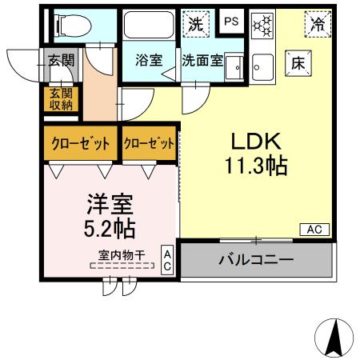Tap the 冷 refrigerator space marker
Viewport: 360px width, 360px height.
click(x=318, y=24)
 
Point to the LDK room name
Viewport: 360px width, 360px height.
click(x=256, y=142)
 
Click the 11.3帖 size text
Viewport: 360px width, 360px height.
click(x=256, y=167)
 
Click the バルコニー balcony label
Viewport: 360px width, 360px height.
click(x=255, y=260)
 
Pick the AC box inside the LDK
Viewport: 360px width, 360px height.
click(x=314, y=230)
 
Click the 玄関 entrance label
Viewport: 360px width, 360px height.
click(x=60, y=59)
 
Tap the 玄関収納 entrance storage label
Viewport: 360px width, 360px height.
click(x=60, y=98)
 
